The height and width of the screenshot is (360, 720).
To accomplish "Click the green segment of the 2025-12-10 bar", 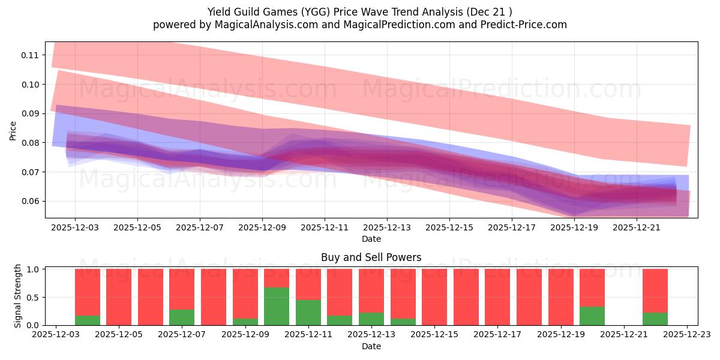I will pyautogui.click(x=277, y=306).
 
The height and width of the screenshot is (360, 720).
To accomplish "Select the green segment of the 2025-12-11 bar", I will pyautogui.click(x=308, y=313).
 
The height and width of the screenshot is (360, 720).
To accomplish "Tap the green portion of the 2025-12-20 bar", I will pyautogui.click(x=592, y=316).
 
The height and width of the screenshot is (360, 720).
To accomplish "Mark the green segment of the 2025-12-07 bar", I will pyautogui.click(x=182, y=317).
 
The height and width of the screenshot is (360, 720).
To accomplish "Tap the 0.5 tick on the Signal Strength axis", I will pyautogui.click(x=34, y=298).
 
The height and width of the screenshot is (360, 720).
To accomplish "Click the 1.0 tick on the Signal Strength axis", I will pyautogui.click(x=34, y=269).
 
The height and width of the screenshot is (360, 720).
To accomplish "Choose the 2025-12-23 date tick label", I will pyautogui.click(x=687, y=335).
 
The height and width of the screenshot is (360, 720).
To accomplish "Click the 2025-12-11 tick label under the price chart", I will pyautogui.click(x=325, y=228).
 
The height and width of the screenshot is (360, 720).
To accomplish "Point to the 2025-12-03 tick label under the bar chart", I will pyautogui.click(x=56, y=335).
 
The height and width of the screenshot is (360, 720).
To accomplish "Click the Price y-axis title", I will pyautogui.click(x=13, y=130).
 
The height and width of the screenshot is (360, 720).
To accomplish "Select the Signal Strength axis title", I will pyautogui.click(x=18, y=296).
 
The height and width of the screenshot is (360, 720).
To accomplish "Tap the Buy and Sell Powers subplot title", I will pyautogui.click(x=371, y=257).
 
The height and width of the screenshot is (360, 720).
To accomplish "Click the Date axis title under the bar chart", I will pyautogui.click(x=371, y=346).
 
